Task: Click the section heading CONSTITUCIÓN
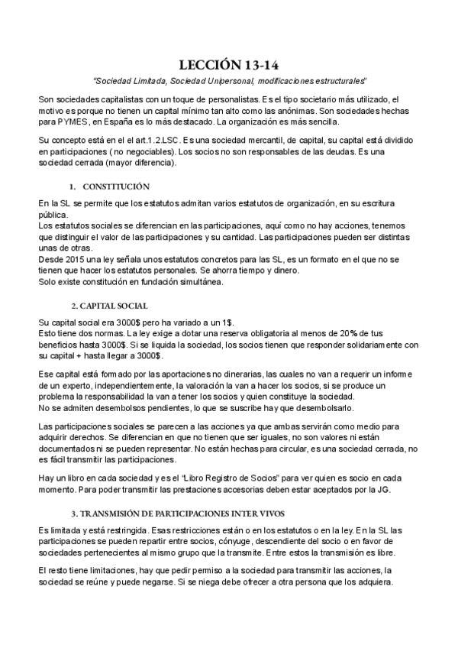[116, 186]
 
